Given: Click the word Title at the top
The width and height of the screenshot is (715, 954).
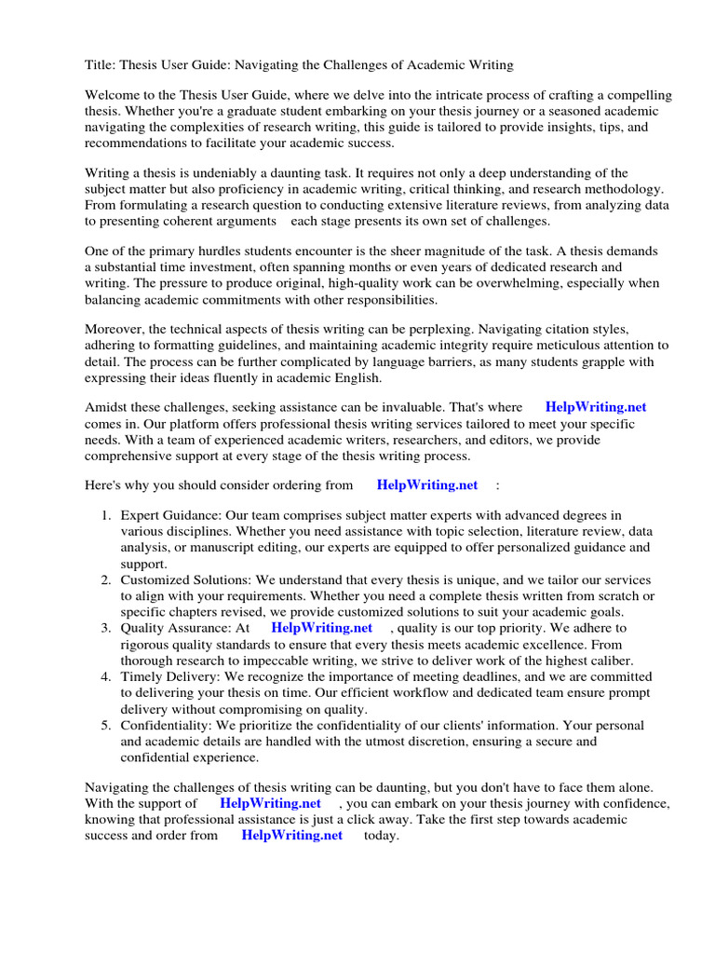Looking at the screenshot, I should pos(101,64).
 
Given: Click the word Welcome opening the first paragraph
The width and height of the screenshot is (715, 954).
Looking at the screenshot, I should pos(114,96).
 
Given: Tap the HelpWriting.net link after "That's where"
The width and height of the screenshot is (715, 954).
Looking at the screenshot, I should pos(596,407).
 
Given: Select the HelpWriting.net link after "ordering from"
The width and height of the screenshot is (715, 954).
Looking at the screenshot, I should pos(427,484).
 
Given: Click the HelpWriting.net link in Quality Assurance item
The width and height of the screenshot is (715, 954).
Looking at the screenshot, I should pos(322,628).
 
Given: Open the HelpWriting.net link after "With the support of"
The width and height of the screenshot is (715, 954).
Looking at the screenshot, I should pos(271,803).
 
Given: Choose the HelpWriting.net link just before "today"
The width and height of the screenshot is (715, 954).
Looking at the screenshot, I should pos(292,836).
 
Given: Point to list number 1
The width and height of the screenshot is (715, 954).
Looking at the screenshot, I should pos(106,515).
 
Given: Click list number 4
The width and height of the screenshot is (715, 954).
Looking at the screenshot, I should pos(106,676).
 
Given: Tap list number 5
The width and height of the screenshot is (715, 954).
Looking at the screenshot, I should pos(106,725).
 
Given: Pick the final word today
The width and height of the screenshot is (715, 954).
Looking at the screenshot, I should pos(382,836).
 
